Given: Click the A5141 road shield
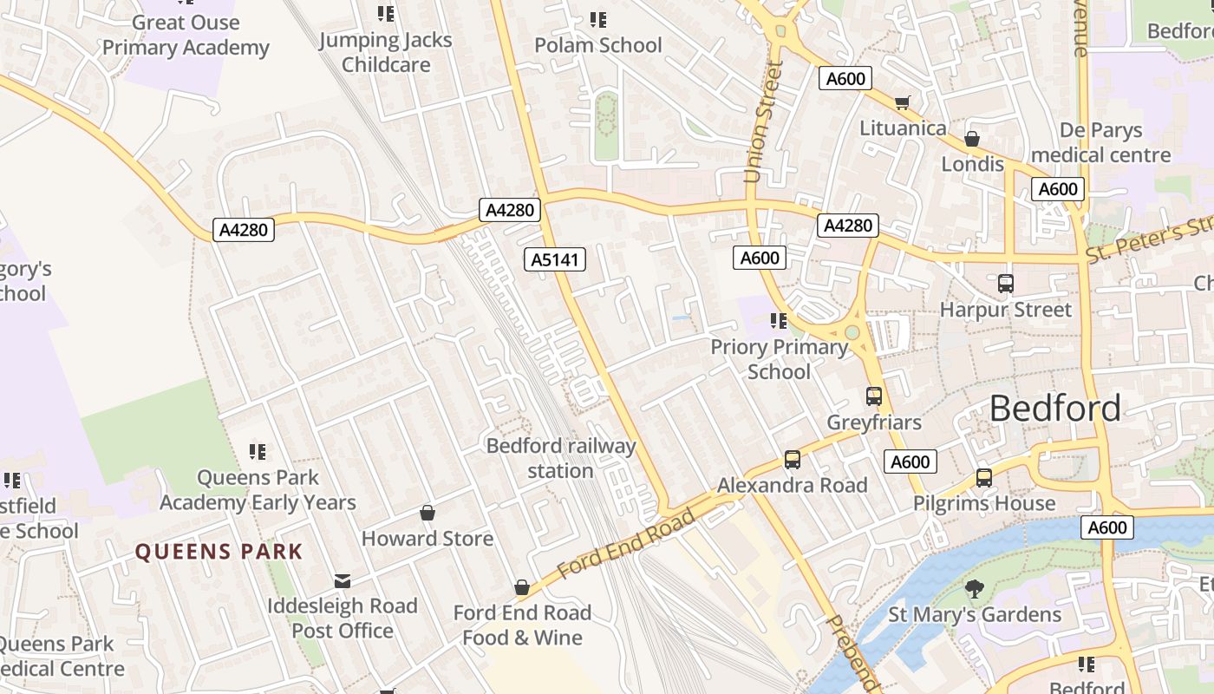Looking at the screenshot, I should click(555, 259).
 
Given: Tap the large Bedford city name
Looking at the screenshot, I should click(1054, 408).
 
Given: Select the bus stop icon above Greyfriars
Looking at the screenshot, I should click(874, 396).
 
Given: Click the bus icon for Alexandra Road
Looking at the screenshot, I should click(792, 460).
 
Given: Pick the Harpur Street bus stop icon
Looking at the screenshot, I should click(1006, 283).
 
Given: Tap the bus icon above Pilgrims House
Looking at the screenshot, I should click(984, 477).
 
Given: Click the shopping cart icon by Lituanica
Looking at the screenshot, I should click(902, 103).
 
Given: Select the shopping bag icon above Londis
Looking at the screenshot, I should click(972, 139).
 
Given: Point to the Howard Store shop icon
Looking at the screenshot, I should click(428, 513).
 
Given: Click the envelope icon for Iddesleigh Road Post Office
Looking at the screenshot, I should click(343, 580).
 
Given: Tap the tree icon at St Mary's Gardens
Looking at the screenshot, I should click(975, 589).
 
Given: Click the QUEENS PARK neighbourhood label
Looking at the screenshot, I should click(219, 552).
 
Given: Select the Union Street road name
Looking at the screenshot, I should click(763, 121).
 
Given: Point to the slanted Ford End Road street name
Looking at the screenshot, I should click(626, 543).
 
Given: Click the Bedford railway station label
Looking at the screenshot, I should click(561, 458).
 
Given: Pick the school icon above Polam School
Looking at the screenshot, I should click(597, 19).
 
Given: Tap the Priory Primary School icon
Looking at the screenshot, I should click(779, 321).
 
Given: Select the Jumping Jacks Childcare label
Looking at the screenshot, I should click(386, 52).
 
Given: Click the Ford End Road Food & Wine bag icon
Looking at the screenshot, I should click(522, 588).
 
